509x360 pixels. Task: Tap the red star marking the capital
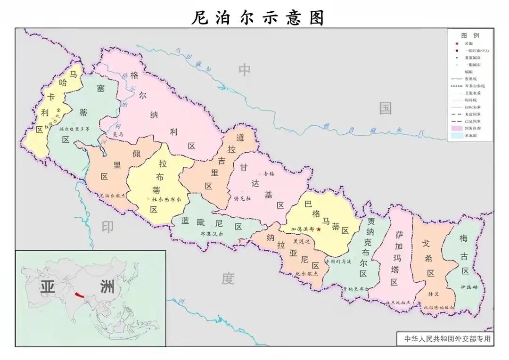tap(319, 229)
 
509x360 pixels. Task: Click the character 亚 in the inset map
tap(47, 287)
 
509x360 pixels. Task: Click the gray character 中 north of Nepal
tap(244, 70)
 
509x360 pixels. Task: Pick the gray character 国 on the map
tap(386, 109)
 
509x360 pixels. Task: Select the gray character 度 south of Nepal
tap(228, 279)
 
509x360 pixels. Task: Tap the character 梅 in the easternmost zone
tap(464, 239)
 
